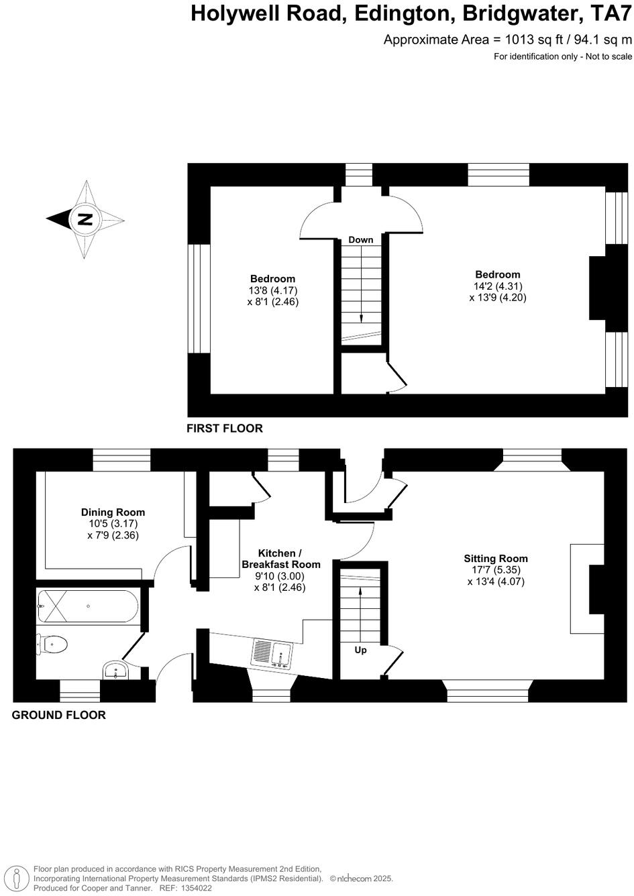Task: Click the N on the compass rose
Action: tap(85, 219)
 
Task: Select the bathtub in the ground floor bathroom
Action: tap(88, 606)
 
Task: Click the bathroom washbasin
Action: tap(117, 671)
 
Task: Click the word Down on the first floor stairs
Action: tap(361, 239)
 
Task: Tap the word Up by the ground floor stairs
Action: tap(360, 650)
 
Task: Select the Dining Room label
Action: tap(113, 512)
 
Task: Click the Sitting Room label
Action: tap(496, 558)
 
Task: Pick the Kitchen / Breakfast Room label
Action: tap(280, 559)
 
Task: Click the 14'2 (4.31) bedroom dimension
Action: tap(498, 286)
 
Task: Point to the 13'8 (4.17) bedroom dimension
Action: tap(272, 290)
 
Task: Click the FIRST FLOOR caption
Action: tap(225, 428)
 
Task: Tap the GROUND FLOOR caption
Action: tap(59, 715)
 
